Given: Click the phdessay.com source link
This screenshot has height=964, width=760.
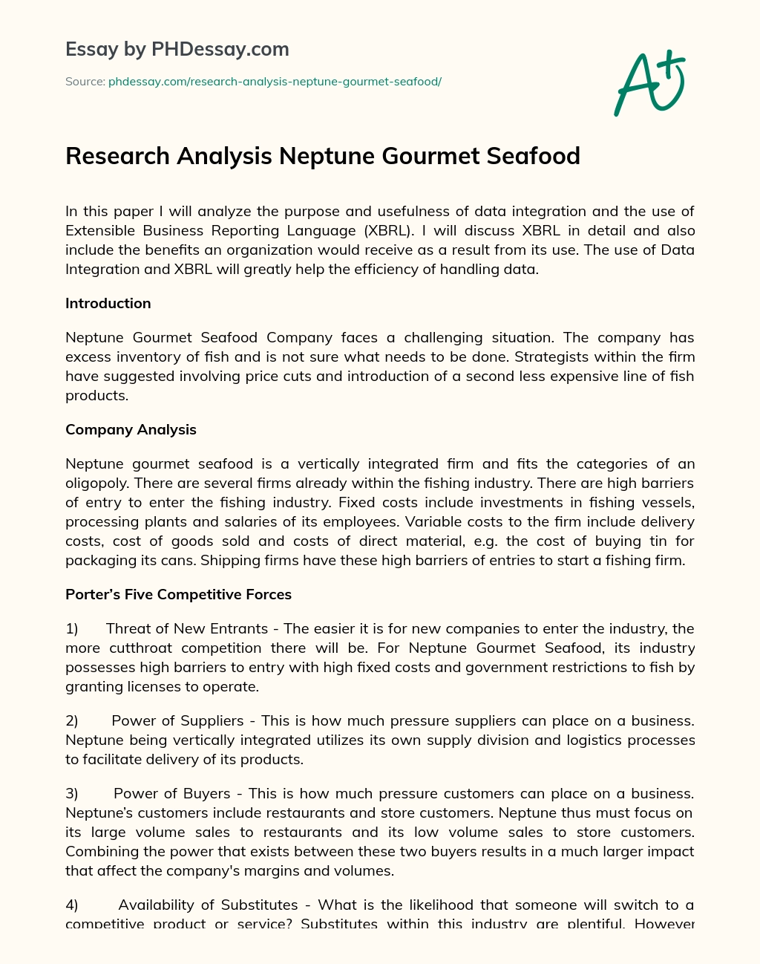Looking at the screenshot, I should [x=275, y=82].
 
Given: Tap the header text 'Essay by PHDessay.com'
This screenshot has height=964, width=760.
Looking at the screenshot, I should [x=177, y=50].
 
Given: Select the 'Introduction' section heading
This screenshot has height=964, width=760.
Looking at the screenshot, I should [x=108, y=303].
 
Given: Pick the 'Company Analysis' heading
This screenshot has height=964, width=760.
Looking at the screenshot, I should [x=131, y=429].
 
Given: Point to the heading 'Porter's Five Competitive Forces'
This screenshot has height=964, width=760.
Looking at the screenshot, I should [x=178, y=594].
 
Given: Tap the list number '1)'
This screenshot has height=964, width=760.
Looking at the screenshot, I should [x=72, y=628].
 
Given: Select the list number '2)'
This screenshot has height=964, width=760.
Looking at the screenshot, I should [x=72, y=720].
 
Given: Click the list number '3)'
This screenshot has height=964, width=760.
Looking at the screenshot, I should [x=72, y=793].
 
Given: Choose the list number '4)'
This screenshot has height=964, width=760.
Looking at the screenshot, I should [x=72, y=905].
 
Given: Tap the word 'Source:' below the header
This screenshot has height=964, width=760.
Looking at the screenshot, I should [x=85, y=82].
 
